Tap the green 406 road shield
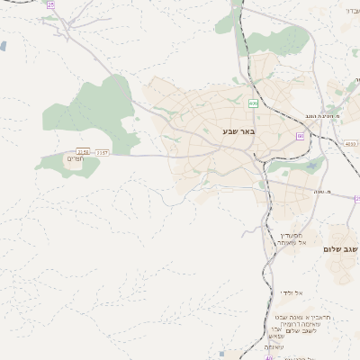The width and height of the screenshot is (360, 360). coord(254,103)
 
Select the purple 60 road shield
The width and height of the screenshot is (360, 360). coord(301,136)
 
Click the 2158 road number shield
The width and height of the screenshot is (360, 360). coord(84,152)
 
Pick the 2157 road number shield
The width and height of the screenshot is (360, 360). coord(102,153)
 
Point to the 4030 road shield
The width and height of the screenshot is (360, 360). coord(350,142)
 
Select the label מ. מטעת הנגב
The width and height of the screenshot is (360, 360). coord(319,116)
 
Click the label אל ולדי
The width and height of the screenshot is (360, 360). coord(290,292)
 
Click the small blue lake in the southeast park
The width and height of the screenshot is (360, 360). coord(312,166)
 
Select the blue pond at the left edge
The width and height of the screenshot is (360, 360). coord(3,46)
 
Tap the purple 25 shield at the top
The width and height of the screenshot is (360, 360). coord(51,4)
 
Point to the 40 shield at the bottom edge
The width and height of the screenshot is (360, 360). coord(268,357)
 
